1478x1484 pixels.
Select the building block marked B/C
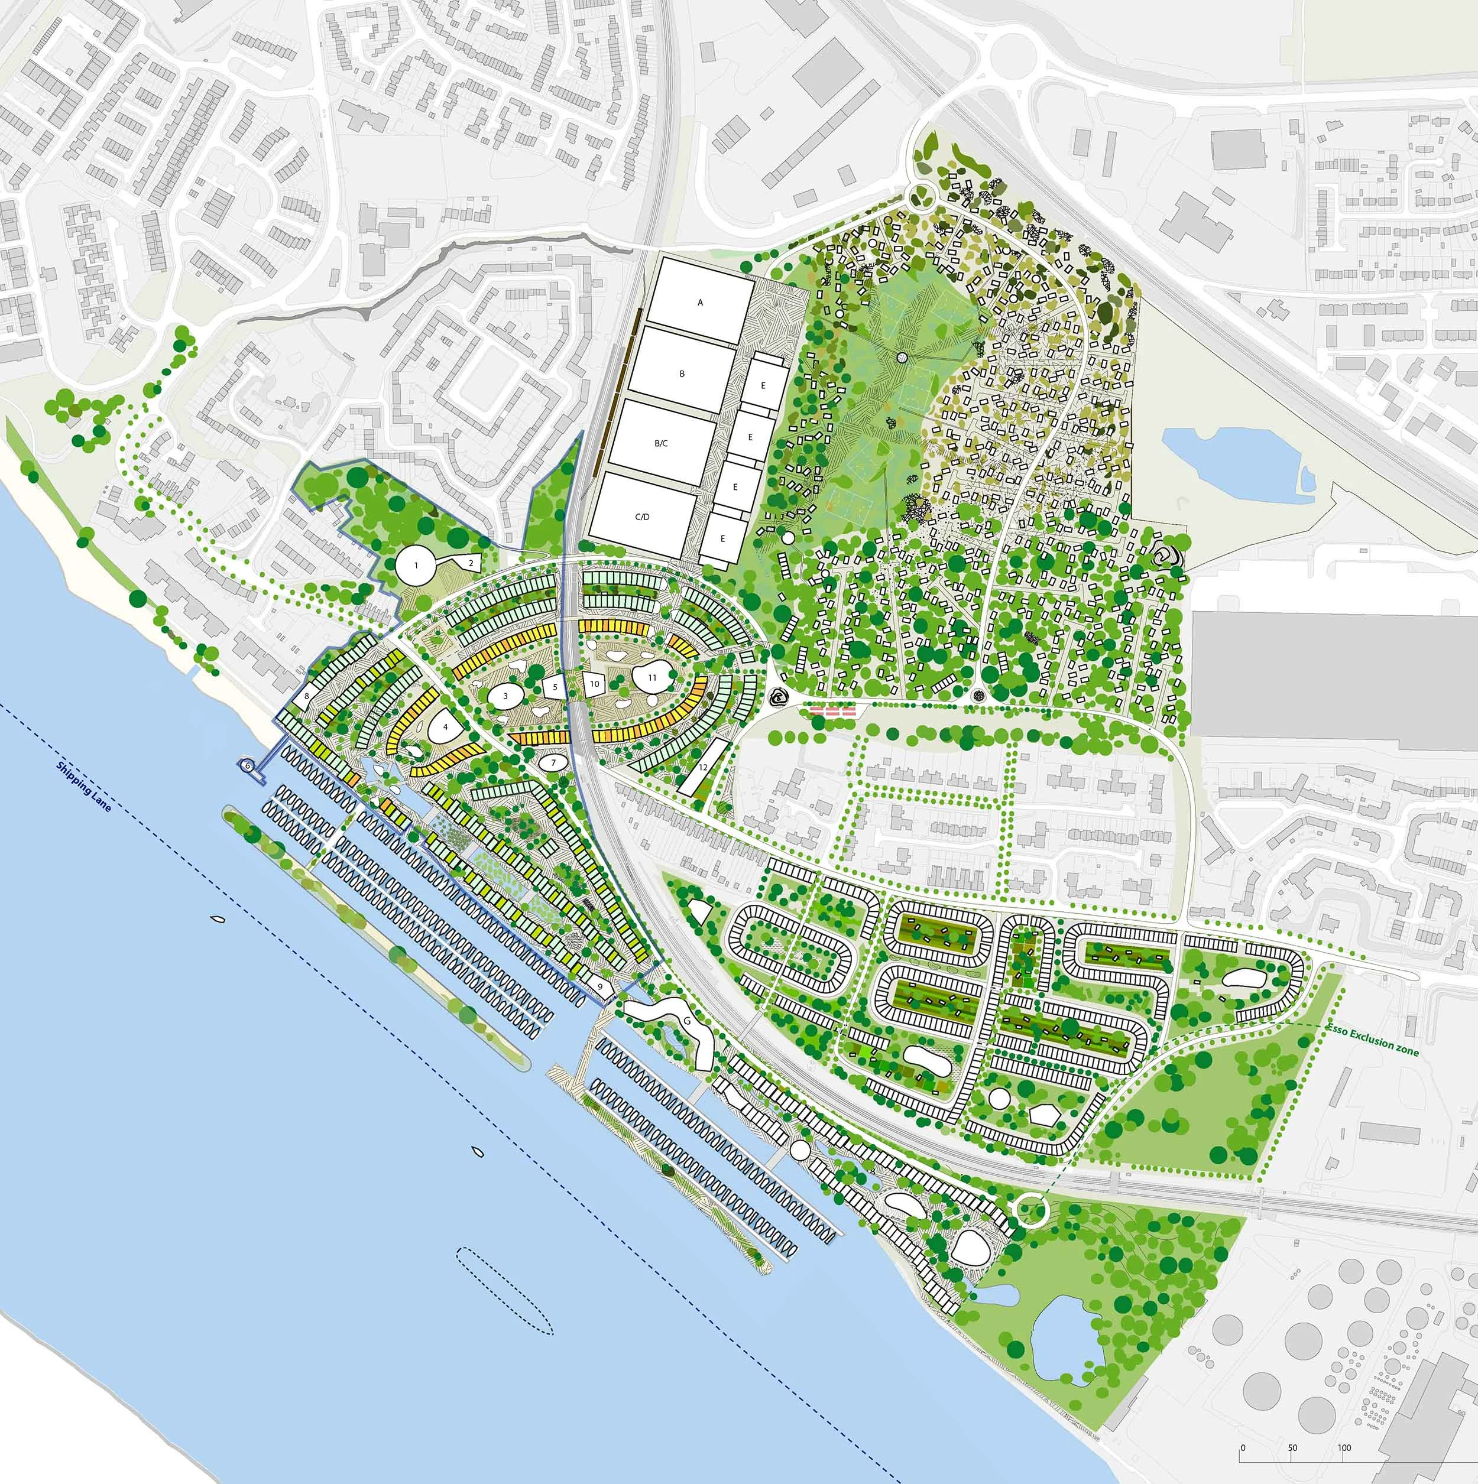[x=660, y=443]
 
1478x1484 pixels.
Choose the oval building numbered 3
[x=505, y=696]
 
